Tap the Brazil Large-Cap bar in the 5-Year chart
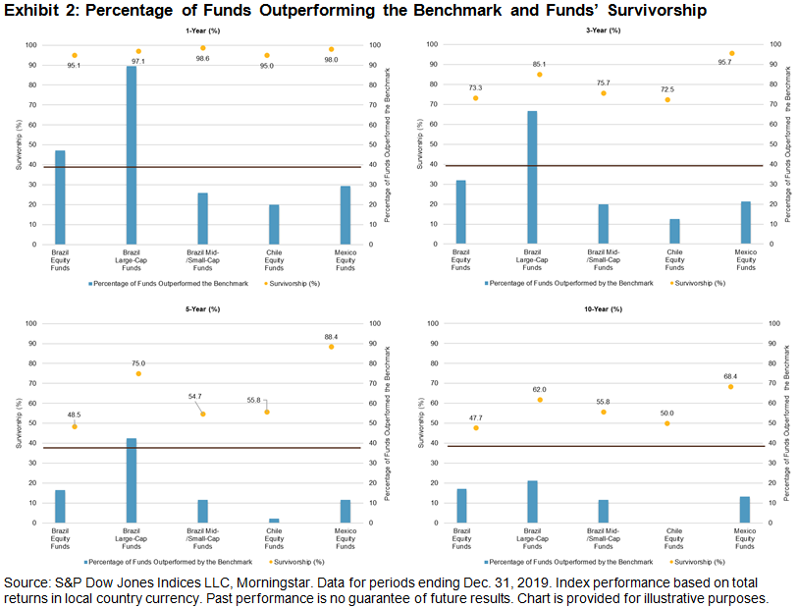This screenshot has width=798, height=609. (x=132, y=480)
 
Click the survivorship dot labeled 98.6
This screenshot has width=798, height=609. (x=203, y=48)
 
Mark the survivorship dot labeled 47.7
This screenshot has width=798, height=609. (x=475, y=427)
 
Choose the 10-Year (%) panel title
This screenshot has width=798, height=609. (x=604, y=308)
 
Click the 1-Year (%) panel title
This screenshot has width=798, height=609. (x=202, y=30)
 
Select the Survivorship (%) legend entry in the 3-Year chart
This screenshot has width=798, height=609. (x=701, y=282)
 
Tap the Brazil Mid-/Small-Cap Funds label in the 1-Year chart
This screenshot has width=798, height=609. (x=202, y=259)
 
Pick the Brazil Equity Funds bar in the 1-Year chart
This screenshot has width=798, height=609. (x=60, y=197)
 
